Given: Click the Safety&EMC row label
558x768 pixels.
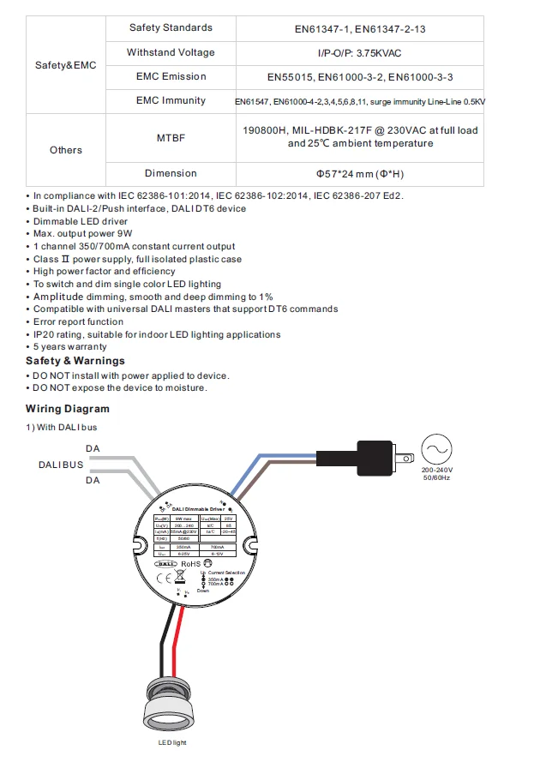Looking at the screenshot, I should pos(66,64).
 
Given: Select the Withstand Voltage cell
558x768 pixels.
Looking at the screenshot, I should pos(171,52).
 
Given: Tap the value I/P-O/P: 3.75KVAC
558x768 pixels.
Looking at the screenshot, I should pos(359,53).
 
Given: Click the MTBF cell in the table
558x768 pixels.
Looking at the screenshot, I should pos(171,137).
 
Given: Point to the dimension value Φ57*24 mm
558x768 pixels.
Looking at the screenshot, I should pos(359,173).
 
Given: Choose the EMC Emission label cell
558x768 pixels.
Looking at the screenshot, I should pos(171,76).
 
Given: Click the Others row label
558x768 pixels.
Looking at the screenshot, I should pos(66,150).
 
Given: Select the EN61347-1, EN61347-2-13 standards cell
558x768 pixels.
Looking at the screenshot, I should pos(359,29).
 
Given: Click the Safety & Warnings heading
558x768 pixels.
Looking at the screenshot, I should pos(75,361).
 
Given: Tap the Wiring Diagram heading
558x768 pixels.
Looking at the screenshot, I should pos(68,409).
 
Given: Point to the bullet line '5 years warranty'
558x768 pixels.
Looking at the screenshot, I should pos(69,347).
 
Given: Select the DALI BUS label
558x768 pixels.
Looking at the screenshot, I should pos(61,465).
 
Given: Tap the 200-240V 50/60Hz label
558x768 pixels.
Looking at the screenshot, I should pos(436,474).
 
